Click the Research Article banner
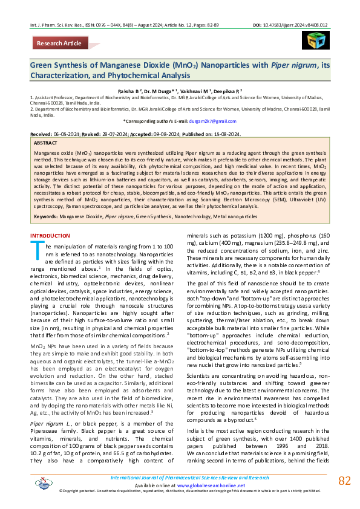pos(59,44)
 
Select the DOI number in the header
pos(303,8)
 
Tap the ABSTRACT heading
pos(46,143)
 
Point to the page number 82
pos(344,481)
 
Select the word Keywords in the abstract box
pos(45,216)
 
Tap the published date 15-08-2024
pos(227,133)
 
